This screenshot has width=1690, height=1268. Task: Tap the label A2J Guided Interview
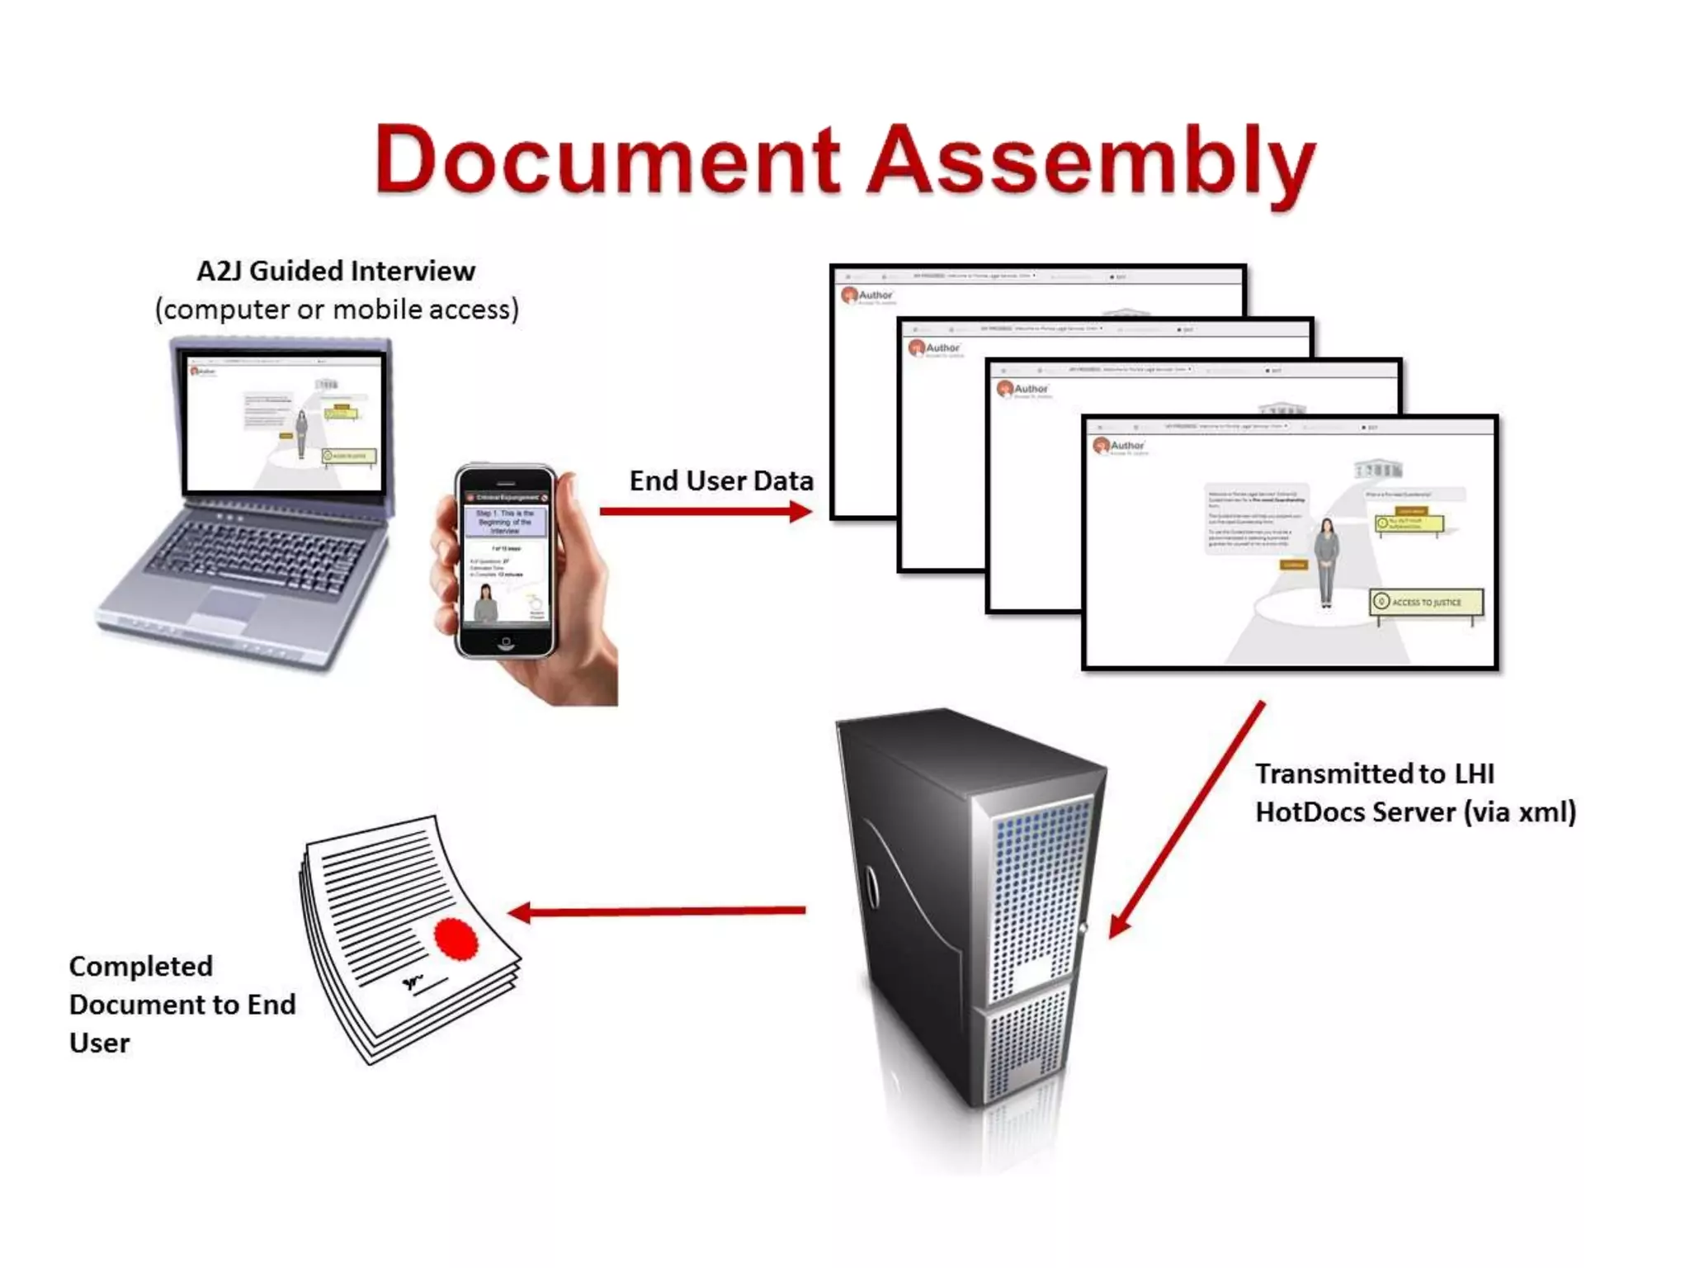point(336,271)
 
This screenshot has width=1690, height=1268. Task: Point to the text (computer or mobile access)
point(337,310)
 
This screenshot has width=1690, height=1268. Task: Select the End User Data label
point(721,480)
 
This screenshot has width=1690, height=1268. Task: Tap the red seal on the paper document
point(456,939)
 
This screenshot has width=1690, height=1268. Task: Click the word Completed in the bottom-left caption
point(141,966)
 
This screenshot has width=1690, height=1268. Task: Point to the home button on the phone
point(505,643)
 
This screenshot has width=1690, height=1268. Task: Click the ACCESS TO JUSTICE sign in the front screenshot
point(1425,603)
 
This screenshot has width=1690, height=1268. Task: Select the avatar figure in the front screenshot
point(1326,561)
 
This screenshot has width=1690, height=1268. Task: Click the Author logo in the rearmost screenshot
point(867,296)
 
